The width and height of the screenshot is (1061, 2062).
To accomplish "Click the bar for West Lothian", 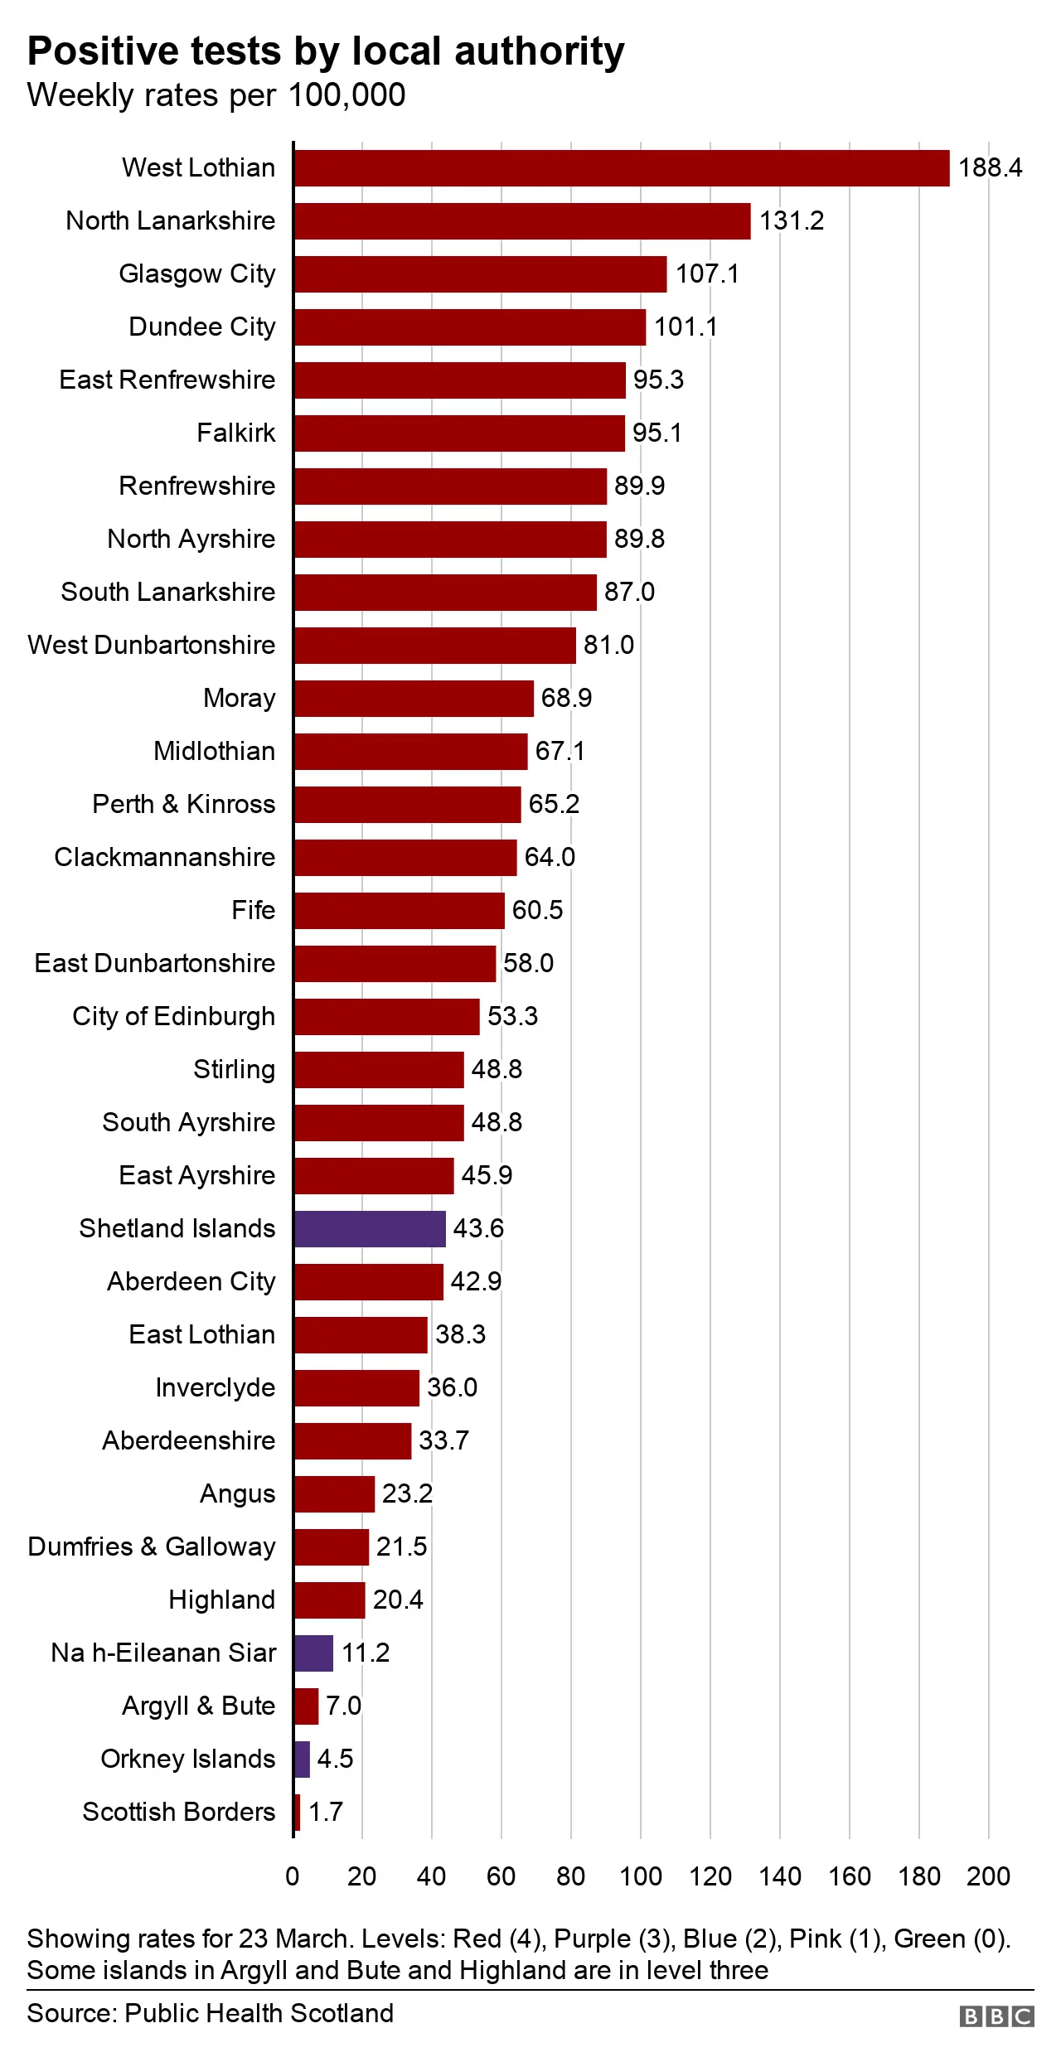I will coord(622,168).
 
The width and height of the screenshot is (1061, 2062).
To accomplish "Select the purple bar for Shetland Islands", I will coord(370,1229).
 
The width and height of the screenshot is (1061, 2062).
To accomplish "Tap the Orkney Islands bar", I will coord(303,1759).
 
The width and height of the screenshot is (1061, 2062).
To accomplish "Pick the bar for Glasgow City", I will coord(481,274).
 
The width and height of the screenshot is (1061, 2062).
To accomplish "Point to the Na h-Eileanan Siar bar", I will coord(314,1653).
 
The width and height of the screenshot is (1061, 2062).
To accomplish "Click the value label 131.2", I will coord(792,221).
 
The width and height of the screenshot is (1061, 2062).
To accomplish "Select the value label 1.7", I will coord(326,1813).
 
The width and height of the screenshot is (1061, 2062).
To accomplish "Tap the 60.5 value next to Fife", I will coord(537,911).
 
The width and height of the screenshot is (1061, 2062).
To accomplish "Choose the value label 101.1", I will coord(686,327).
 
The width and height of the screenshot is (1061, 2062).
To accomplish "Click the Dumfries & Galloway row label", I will coord(152,1547).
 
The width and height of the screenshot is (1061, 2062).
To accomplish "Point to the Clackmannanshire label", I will coord(165,858).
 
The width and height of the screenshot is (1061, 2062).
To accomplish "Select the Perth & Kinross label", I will coord(184,805).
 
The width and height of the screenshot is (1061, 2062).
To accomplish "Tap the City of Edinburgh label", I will coord(174,1017).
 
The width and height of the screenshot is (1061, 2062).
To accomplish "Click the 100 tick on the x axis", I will coord(641,1876).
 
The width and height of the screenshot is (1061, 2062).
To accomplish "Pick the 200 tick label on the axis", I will coord(988,1876).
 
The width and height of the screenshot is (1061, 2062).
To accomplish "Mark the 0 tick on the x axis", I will coord(293,1876).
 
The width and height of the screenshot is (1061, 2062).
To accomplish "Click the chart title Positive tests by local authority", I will coord(326,51).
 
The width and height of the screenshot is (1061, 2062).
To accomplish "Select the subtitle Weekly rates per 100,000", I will coord(216,95).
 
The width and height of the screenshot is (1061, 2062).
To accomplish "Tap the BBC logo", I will coord(996,2016).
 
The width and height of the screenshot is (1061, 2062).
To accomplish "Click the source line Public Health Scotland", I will coord(211,2013).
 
